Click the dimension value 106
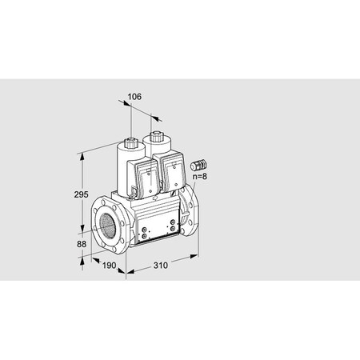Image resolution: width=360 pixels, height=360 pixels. click(x=134, y=97)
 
